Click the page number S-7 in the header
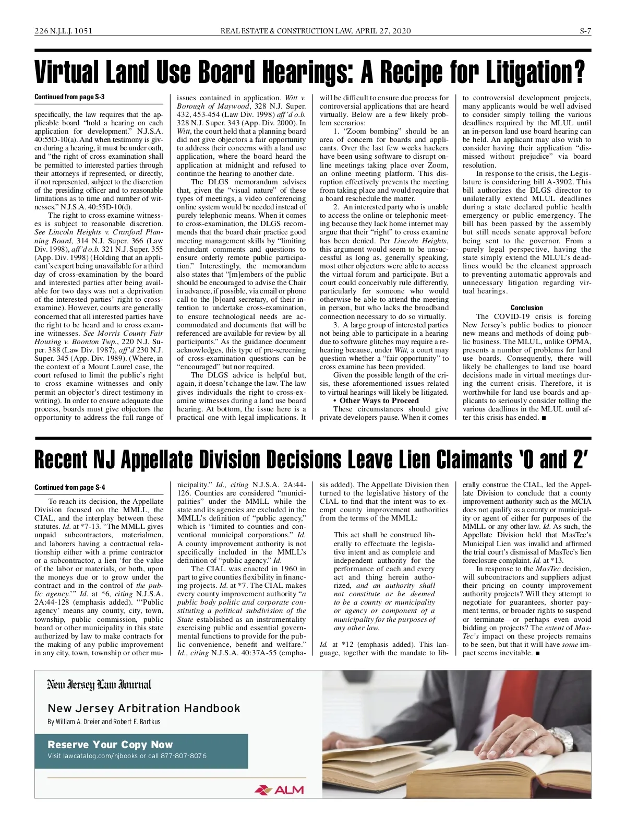click(585, 31)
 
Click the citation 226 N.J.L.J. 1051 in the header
click(63, 31)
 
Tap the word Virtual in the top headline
click(67, 73)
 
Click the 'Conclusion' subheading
click(526, 308)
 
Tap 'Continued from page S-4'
click(70, 487)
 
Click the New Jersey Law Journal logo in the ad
click(99, 685)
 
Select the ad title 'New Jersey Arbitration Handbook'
click(144, 709)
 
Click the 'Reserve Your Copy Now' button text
click(110, 745)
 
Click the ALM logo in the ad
click(279, 790)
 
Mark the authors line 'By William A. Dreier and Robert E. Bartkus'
click(104, 722)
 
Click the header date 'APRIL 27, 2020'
click(383, 31)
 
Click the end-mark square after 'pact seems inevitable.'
click(537, 653)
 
